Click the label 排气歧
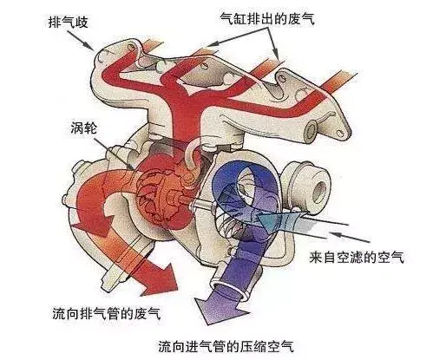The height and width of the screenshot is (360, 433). click(69, 23)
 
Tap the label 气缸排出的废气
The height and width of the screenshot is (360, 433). click(267, 19)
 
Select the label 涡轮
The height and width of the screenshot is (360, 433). click(84, 128)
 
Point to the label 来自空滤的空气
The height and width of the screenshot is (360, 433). click(357, 258)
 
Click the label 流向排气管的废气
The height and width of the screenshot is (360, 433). click(106, 313)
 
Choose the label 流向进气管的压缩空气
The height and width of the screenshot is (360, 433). click(226, 346)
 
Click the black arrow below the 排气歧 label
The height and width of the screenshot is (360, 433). click(81, 40)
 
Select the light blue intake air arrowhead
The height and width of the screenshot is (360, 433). click(266, 222)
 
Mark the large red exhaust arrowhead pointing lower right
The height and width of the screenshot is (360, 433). click(162, 279)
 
